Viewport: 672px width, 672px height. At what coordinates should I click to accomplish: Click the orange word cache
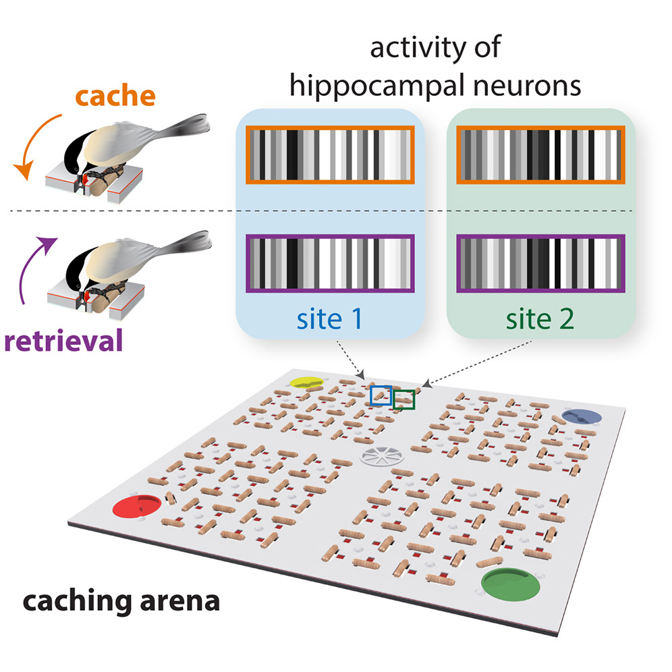click(x=115, y=96)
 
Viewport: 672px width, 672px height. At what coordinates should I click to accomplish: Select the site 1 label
click(x=330, y=318)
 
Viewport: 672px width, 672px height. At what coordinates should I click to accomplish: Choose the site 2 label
click(x=541, y=318)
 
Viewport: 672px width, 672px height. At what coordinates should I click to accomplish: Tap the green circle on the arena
click(x=509, y=582)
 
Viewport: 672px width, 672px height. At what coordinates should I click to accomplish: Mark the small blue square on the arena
click(x=381, y=395)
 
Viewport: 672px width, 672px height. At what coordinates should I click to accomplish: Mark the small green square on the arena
click(x=404, y=400)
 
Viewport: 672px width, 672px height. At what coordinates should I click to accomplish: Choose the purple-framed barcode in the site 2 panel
click(x=541, y=263)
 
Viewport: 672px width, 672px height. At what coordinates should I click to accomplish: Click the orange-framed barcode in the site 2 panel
click(x=541, y=155)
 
